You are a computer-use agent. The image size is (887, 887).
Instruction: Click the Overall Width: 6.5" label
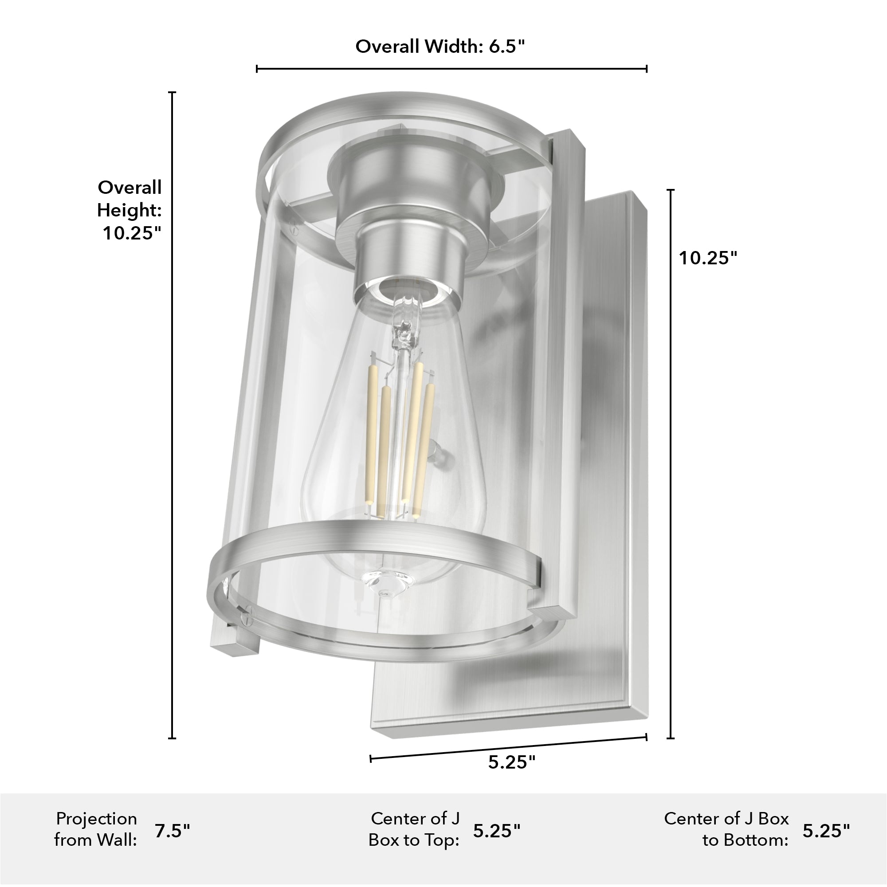(x=440, y=47)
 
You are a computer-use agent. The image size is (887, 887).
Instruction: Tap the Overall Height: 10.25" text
(x=130, y=210)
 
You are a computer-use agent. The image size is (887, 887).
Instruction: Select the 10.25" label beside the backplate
(x=707, y=258)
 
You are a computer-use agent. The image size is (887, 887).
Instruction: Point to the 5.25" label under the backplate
(x=511, y=762)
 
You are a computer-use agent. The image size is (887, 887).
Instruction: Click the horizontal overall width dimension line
(x=451, y=69)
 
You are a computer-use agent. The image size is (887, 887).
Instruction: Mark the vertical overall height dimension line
(x=172, y=413)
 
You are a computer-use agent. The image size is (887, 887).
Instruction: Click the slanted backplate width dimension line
(x=508, y=749)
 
